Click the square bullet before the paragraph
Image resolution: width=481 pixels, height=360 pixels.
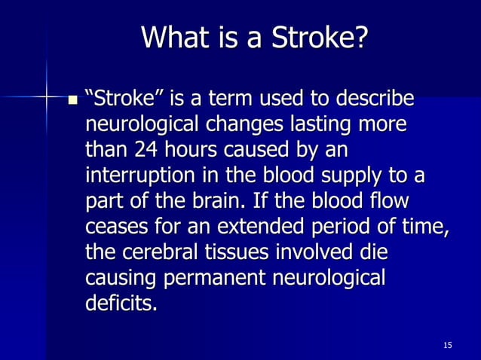pos(73,99)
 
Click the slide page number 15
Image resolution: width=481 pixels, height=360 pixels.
pos(448,345)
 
